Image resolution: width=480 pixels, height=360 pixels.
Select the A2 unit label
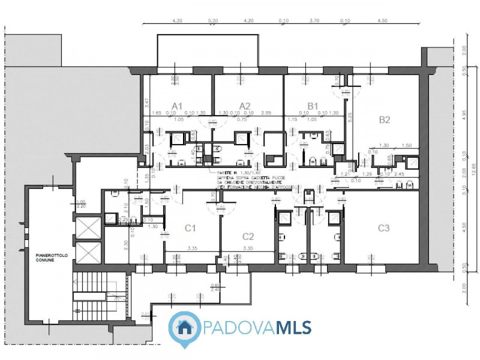tap(245, 106)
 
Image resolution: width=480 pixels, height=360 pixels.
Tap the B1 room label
tap(313, 106)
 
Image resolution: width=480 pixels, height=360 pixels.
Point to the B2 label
tap(385, 119)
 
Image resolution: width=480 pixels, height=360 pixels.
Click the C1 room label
tap(190, 227)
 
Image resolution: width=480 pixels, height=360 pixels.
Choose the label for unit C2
tap(248, 236)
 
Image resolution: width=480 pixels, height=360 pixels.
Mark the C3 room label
tap(384, 227)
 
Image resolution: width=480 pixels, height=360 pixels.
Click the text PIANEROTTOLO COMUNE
tap(47, 257)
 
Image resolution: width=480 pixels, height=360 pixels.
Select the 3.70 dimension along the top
tap(313, 20)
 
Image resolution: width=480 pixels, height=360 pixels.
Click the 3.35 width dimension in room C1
tap(192, 247)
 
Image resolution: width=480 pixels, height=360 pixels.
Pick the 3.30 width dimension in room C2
tap(248, 247)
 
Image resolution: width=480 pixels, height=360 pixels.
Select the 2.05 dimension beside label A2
tap(266, 113)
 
